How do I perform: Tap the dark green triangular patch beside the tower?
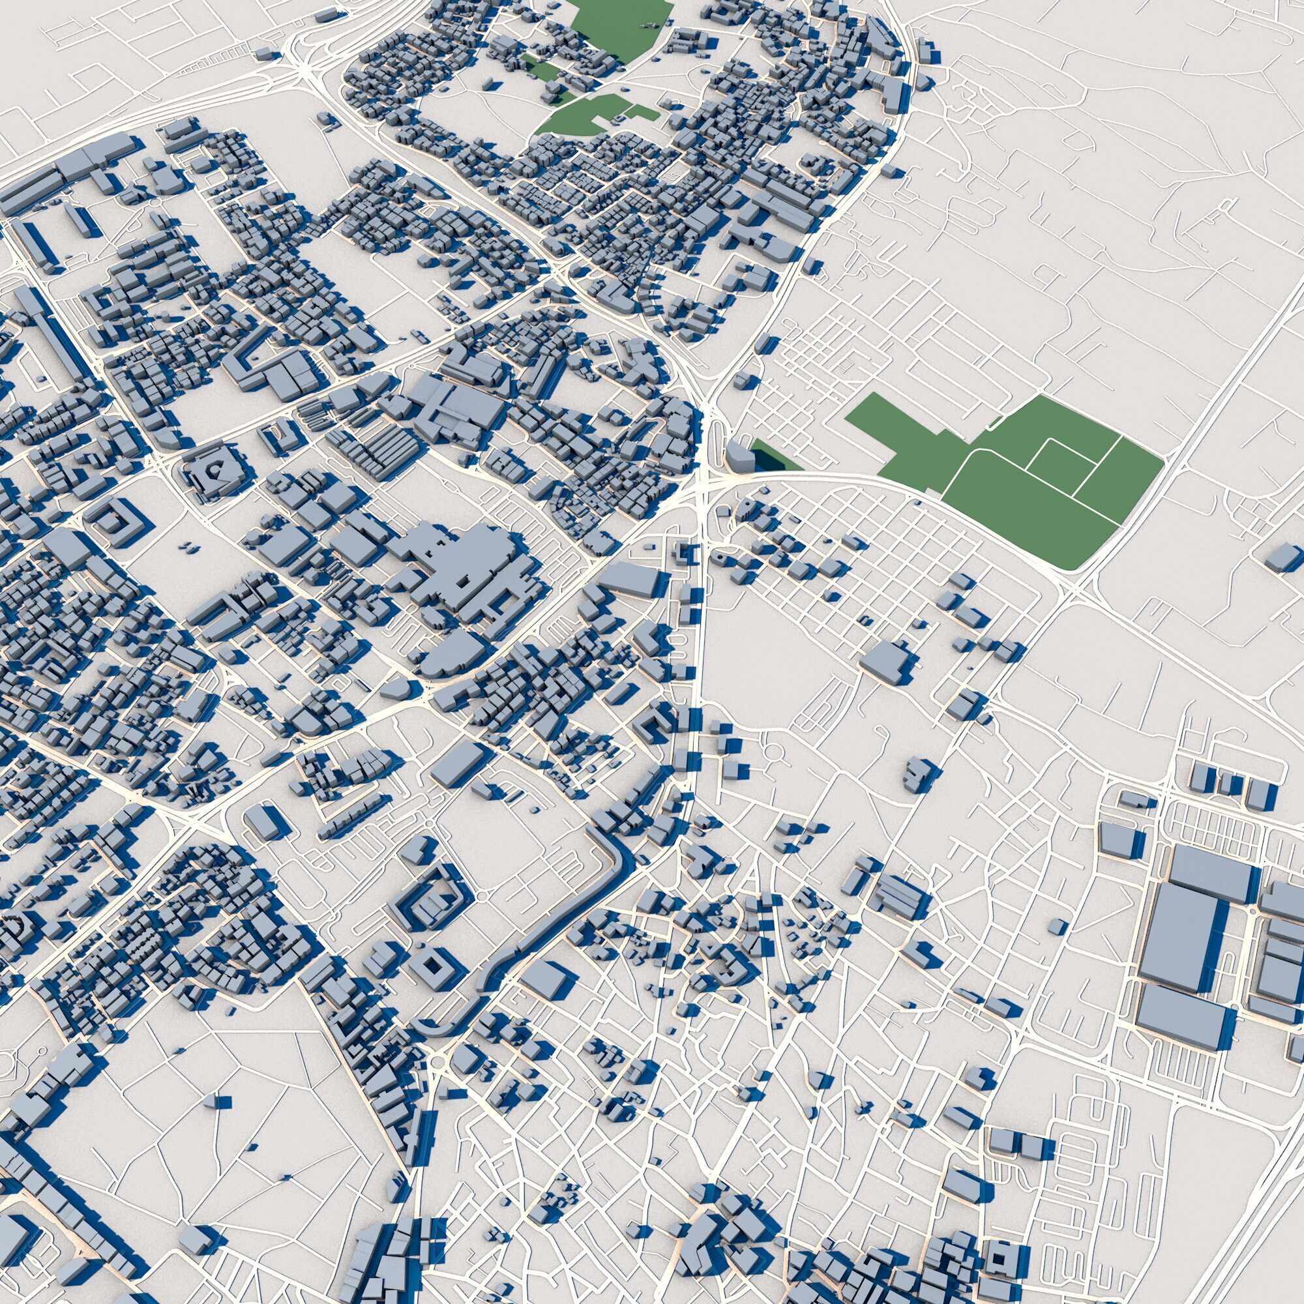point(773,457)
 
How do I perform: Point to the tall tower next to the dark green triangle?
point(741,454)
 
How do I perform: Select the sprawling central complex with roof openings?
point(466,567)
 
